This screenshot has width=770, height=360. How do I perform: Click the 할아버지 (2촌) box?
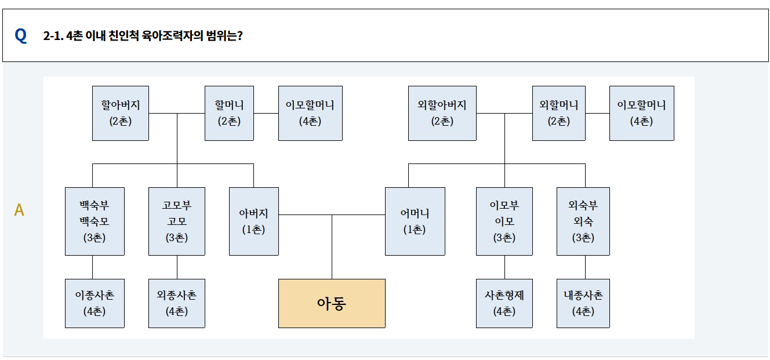point(121,113)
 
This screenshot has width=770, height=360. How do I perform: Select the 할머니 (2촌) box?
point(229,113)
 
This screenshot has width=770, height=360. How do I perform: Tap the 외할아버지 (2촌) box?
point(442,113)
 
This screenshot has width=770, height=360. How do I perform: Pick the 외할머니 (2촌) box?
point(558,113)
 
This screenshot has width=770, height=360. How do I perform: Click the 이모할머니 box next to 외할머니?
point(641,113)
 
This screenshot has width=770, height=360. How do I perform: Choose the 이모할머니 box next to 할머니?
point(310,113)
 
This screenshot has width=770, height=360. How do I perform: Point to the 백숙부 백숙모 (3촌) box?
point(95,221)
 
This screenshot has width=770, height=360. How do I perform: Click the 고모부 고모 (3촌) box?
point(177,221)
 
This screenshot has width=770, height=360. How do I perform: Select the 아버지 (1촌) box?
point(254,221)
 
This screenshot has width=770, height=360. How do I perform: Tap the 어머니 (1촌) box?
point(415,221)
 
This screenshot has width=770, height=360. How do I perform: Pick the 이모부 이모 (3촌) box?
point(504,221)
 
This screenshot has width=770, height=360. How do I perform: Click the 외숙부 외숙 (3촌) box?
point(583,221)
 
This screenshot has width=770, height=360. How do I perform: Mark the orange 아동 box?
point(332,303)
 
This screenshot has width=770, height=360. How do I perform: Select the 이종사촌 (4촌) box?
point(95,303)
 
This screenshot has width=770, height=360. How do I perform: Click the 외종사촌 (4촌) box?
point(177,303)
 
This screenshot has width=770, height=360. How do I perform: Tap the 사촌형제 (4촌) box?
point(504,303)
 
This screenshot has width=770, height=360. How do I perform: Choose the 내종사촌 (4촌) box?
point(583,303)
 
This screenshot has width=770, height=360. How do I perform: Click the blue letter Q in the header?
point(21,35)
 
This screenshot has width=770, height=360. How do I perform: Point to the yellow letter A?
point(19,210)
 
